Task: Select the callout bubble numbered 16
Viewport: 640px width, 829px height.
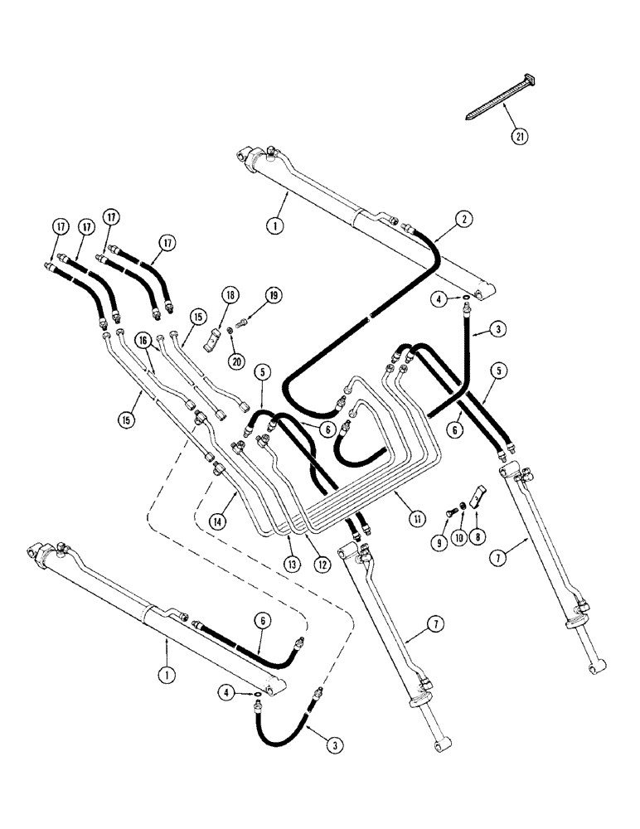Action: [x=143, y=341]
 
